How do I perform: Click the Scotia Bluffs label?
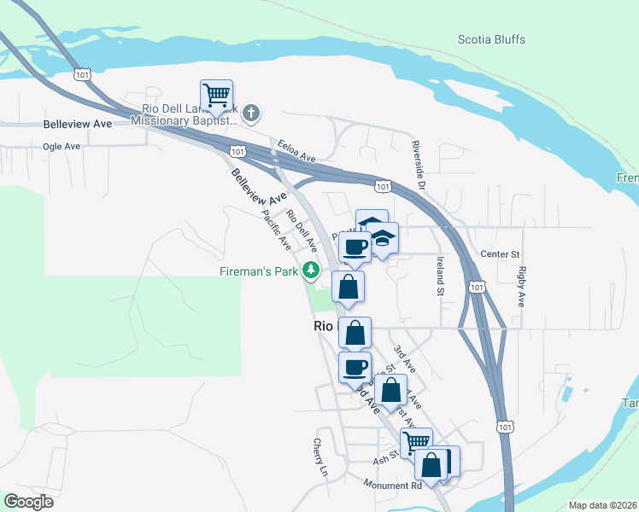point(491,39)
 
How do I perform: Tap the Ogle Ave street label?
point(62,146)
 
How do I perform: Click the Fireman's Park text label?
point(256,272)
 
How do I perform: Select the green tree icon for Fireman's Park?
point(313,272)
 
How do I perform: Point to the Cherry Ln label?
point(320,458)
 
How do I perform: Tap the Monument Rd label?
point(392,486)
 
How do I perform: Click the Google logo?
point(28,501)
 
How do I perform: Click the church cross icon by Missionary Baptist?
point(251,112)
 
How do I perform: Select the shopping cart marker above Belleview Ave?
point(217,96)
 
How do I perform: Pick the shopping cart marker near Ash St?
point(416,442)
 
